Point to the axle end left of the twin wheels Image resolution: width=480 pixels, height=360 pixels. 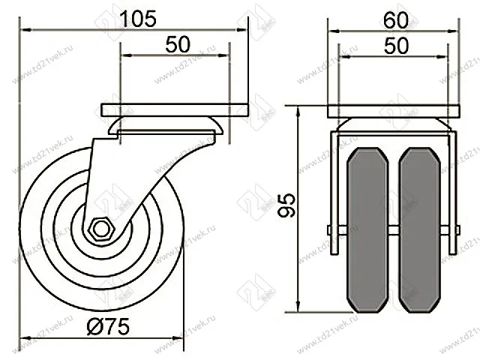[331, 230]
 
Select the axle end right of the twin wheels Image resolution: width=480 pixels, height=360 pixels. [454, 230]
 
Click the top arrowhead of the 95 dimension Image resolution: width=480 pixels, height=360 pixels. [299, 110]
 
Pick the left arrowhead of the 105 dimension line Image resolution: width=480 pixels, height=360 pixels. [23, 31]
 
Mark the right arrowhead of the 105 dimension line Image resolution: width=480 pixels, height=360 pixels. [242, 31]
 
